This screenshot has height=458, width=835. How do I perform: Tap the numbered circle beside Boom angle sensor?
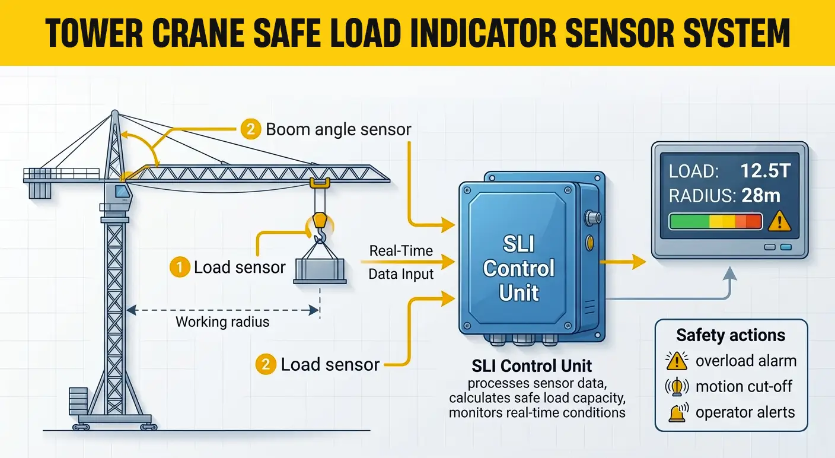[x=250, y=129]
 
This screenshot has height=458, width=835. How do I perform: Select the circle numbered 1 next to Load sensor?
[x=179, y=268]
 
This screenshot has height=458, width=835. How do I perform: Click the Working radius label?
[x=222, y=322]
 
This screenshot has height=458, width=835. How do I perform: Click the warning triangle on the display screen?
[x=779, y=222]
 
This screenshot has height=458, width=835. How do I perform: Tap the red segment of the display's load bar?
[x=753, y=222]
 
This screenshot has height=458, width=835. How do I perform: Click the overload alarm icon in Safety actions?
[x=676, y=361]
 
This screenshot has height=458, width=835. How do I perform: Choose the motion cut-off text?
[x=744, y=387]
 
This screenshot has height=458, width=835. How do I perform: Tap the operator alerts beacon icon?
[x=677, y=413]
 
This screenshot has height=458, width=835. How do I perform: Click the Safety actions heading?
[x=731, y=335]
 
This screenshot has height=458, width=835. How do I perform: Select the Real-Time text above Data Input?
[x=400, y=250]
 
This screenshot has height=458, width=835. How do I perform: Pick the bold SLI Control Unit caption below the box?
[x=531, y=365]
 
